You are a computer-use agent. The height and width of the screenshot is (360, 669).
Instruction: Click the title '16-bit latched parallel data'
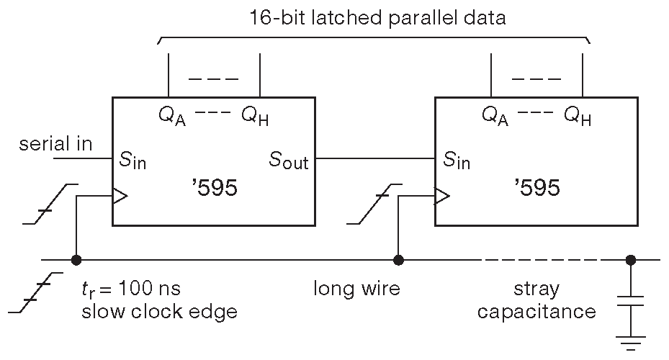click(x=377, y=18)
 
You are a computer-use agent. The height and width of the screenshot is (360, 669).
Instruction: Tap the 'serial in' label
click(x=55, y=144)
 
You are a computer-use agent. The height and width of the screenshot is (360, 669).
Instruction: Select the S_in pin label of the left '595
click(x=133, y=160)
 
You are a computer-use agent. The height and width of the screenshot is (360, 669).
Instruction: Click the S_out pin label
click(x=289, y=161)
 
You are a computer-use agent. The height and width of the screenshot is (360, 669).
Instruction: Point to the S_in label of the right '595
click(x=456, y=160)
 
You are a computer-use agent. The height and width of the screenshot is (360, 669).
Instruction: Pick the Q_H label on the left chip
click(x=256, y=115)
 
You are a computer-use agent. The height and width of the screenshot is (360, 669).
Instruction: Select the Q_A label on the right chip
click(x=495, y=115)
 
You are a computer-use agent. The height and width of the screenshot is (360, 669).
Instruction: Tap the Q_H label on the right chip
click(x=578, y=115)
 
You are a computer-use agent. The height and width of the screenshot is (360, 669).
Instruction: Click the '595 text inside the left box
click(x=214, y=189)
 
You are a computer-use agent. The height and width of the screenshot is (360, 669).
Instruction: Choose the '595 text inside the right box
click(x=536, y=189)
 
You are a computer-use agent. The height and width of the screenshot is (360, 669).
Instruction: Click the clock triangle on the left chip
click(x=120, y=195)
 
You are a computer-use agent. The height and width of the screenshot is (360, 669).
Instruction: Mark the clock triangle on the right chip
click(x=442, y=195)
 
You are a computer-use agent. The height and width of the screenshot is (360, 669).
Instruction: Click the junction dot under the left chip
click(x=75, y=260)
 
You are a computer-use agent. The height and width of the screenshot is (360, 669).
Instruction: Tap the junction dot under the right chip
click(x=398, y=260)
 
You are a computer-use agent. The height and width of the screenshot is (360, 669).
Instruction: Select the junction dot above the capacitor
click(x=630, y=260)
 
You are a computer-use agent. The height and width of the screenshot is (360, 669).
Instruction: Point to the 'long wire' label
click(x=356, y=289)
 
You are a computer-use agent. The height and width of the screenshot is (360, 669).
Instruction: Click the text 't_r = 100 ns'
click(x=130, y=289)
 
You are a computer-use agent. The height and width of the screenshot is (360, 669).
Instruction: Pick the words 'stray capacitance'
click(x=536, y=300)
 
